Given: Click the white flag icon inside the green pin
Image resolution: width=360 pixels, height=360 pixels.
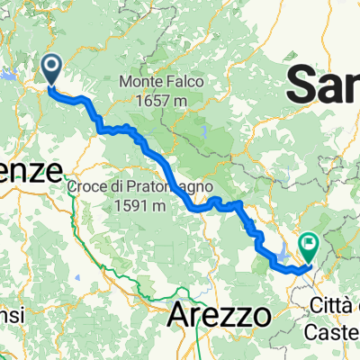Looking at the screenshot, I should pos(310,241).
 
